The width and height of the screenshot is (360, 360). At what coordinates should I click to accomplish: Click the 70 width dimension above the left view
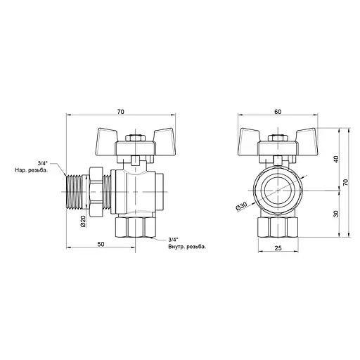coord(121,110)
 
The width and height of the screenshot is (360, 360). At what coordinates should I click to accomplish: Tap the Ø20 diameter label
coord(83,221)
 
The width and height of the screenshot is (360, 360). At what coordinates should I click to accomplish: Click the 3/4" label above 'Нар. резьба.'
coord(42,162)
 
